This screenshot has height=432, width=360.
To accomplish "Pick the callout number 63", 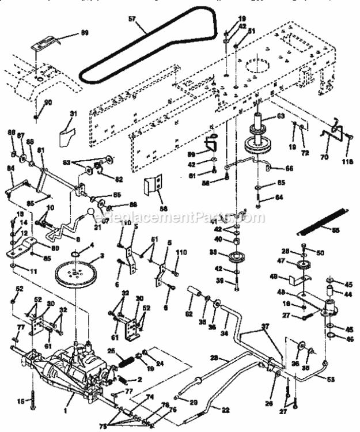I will (280, 116).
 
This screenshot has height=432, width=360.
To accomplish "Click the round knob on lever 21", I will (92, 213).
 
